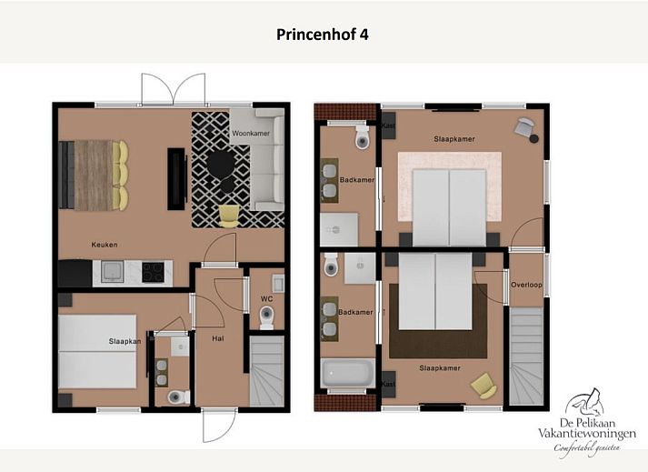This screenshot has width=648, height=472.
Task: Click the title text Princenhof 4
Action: tap(323, 35)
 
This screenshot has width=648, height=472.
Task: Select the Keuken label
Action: tap(105, 245)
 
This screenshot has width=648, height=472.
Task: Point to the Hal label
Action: tap(218, 338)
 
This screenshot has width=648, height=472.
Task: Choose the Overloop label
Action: tap(526, 284)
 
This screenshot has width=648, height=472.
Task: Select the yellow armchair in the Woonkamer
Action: tap(229, 215)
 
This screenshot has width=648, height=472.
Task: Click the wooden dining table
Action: tap(92, 175)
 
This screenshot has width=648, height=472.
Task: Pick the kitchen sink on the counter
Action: tap(113, 271)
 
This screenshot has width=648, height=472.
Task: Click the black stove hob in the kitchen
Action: tap(153, 271)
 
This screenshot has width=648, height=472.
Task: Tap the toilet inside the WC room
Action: tap(266, 316)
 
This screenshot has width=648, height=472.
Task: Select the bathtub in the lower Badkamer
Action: tap(347, 373)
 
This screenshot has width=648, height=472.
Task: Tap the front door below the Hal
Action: tap(218, 424)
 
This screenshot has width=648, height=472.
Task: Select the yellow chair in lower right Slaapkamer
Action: tap(484, 386)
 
